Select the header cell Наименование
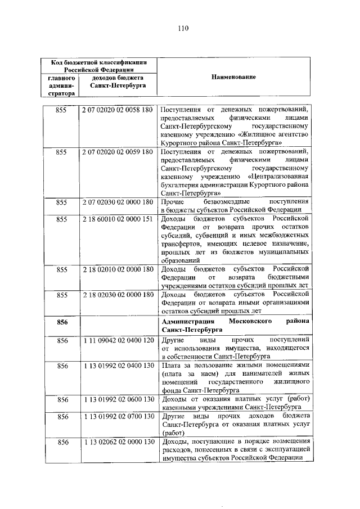tap(234, 76)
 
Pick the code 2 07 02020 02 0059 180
tap(118, 152)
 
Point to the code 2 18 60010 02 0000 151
tap(118, 219)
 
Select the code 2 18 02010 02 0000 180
tap(118, 269)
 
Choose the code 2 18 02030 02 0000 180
tap(118, 295)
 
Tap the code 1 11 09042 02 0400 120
tap(118, 341)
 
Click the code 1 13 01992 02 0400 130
tap(118, 366)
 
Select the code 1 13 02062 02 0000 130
tap(118, 443)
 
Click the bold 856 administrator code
tap(62, 322)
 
